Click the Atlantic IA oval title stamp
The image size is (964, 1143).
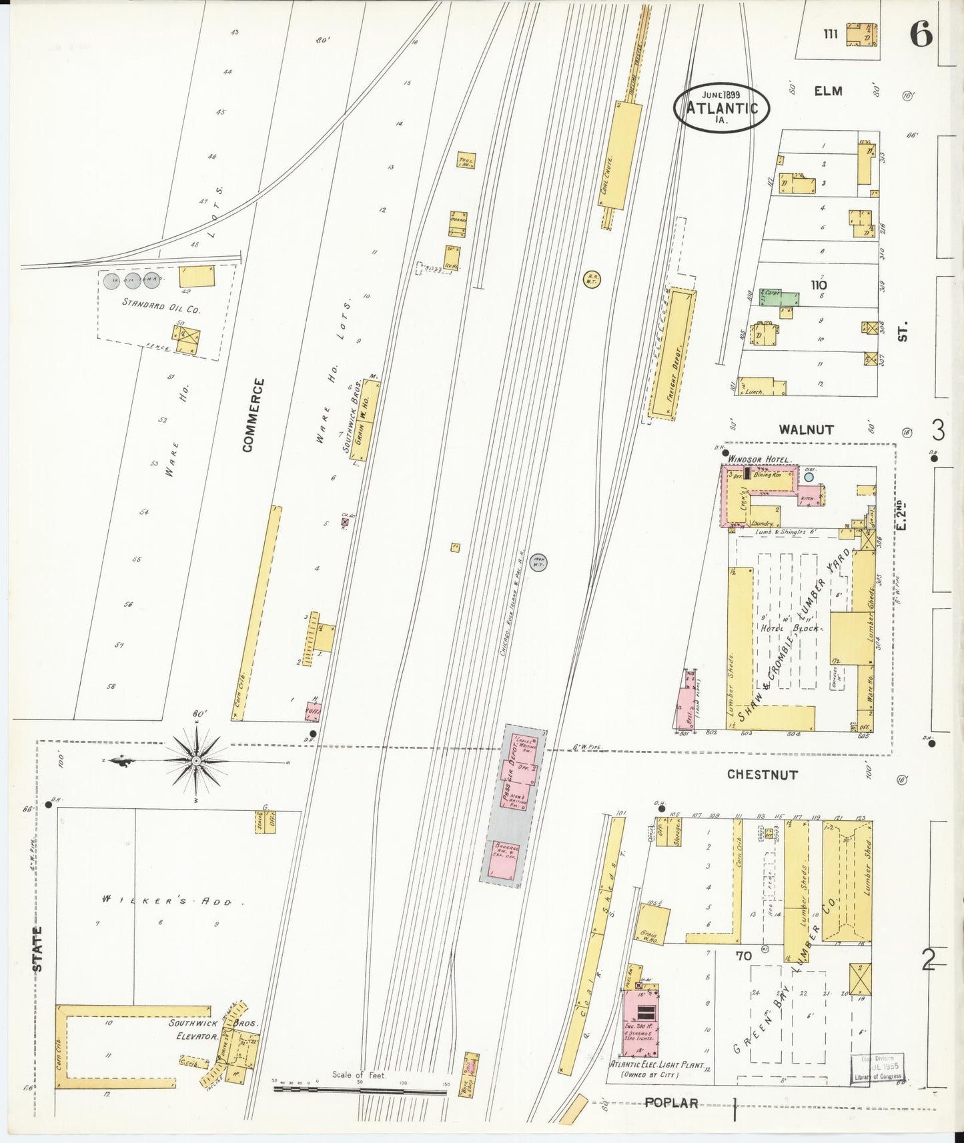pos(721,107)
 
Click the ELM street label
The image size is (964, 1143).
pos(827,91)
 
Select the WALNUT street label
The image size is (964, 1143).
pos(806,429)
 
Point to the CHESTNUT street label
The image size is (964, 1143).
pos(762,775)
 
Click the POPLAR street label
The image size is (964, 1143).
pos(671,1102)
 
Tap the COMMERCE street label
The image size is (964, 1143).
pos(254,415)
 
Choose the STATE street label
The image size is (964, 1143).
pos(37,949)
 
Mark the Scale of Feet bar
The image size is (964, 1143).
pos(360,1091)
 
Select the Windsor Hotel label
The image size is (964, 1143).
pos(759,459)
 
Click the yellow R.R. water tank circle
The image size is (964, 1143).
pos(592,279)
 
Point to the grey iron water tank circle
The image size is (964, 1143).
pos(538,562)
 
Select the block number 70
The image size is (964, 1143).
pos(744,956)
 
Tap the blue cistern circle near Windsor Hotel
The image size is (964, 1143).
pos(809,477)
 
